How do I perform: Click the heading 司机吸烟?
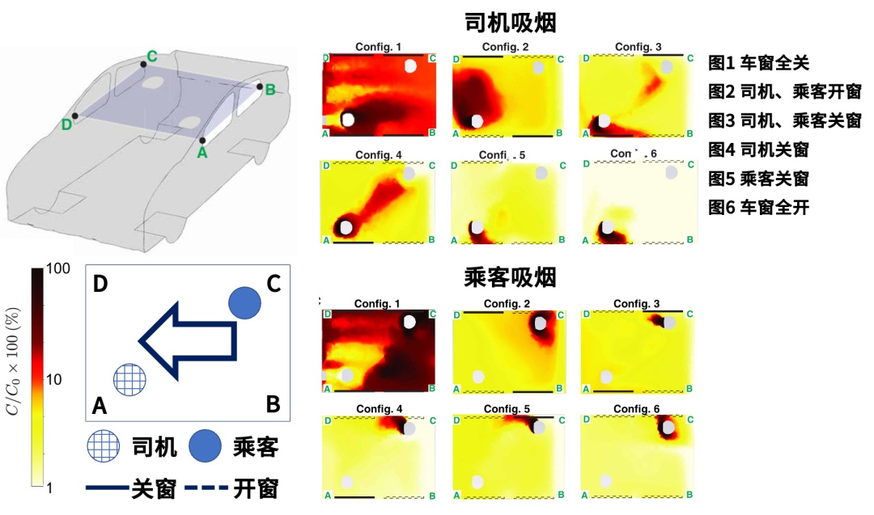point(510,22)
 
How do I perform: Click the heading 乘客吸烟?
point(510,278)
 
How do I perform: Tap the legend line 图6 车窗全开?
point(758,207)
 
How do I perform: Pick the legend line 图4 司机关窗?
point(758,149)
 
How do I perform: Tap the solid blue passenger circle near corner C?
point(244,302)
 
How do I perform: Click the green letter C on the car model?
point(151,57)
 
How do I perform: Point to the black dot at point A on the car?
point(202,140)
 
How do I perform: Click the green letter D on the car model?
point(66,124)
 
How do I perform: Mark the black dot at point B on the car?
point(260,87)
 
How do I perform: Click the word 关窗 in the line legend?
point(155,488)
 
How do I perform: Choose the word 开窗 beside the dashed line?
point(257,488)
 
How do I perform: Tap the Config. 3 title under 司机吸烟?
point(638,47)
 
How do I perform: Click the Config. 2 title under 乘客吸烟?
point(503,303)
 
